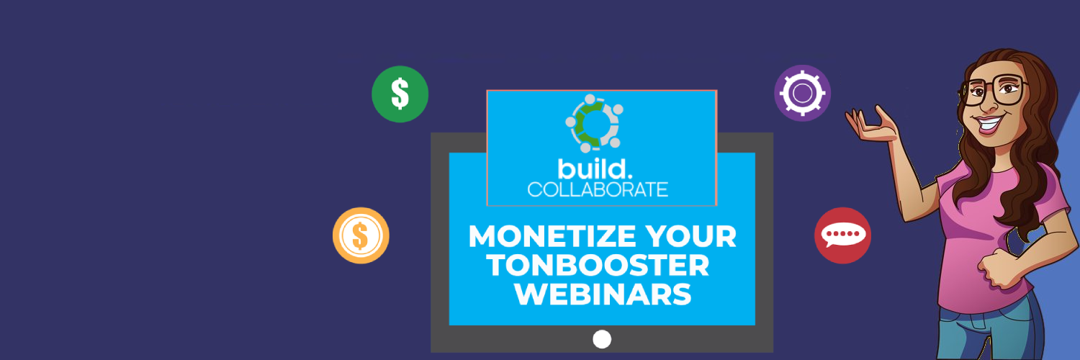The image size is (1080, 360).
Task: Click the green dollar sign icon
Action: pyautogui.click(x=400, y=94)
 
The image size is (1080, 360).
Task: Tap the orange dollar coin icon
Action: pyautogui.click(x=361, y=235)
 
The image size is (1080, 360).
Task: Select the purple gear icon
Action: pyautogui.click(x=802, y=93)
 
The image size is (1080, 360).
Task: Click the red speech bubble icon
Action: pyautogui.click(x=843, y=235)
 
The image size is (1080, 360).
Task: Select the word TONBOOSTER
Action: pyautogui.click(x=598, y=265)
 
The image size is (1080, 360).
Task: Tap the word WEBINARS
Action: pyautogui.click(x=603, y=294)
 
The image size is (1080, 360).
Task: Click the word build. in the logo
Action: pyautogui.click(x=595, y=169)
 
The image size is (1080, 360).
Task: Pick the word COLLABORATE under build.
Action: pyautogui.click(x=598, y=189)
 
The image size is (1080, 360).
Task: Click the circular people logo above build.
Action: pyautogui.click(x=594, y=123)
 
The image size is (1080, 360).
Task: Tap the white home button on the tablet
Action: pyautogui.click(x=602, y=339)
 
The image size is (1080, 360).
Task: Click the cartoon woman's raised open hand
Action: pyautogui.click(x=872, y=125)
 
